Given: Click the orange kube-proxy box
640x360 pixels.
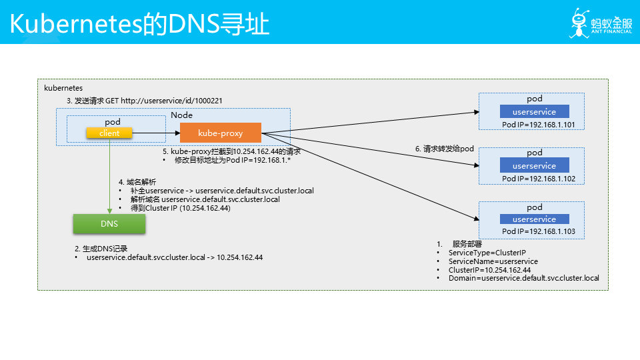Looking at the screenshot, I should coord(221,133).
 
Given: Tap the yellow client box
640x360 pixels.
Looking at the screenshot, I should coord(109,133).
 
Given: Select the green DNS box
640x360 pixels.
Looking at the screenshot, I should coord(109,224).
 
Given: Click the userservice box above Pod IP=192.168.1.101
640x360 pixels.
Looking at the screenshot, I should coord(534,112).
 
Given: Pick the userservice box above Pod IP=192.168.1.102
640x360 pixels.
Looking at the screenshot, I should coord(534,165).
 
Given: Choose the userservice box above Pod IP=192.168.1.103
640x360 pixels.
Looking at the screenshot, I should coord(534,219).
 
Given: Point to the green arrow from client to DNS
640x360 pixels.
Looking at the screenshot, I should coord(109,177).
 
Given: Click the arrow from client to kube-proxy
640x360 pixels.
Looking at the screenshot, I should coord(156,133).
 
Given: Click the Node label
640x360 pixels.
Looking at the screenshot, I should coord(181,115).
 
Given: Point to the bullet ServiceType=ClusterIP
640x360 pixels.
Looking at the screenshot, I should coord(487,253).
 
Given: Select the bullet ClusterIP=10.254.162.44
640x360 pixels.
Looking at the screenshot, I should coord(489,269).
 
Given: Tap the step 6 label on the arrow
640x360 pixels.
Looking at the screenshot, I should coord(444,149).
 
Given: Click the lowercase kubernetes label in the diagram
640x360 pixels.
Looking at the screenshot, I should coord(63,87).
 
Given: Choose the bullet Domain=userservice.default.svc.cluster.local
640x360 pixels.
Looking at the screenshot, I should coord(524,278).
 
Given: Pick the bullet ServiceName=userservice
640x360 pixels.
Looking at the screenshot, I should coord(493,261).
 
